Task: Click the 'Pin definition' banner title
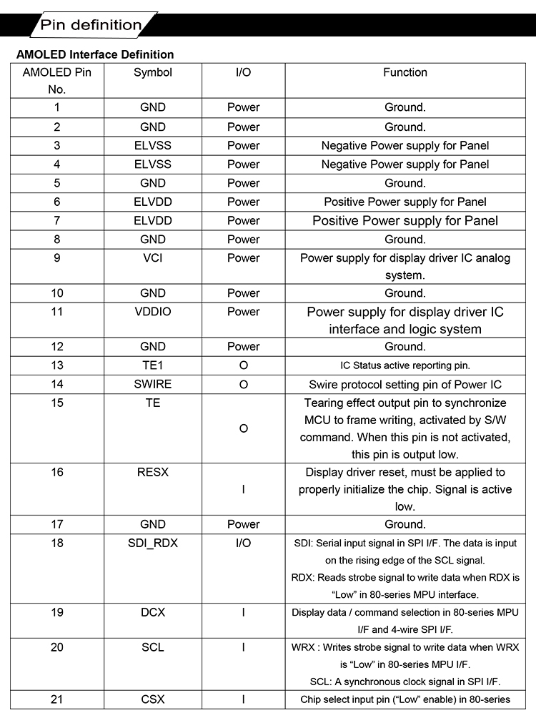91,26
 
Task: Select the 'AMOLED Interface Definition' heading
95,54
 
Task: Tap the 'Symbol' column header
153,72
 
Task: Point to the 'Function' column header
405,72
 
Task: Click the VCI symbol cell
153,257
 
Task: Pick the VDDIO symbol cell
153,312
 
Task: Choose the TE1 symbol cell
153,365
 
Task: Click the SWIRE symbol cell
153,384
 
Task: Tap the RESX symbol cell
153,472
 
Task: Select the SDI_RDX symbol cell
153,543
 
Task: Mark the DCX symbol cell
153,612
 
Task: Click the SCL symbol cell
153,647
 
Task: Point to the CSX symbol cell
153,699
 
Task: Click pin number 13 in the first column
57,365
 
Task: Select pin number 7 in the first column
57,220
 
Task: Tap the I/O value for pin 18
244,543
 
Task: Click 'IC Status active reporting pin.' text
405,365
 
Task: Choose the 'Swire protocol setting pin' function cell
405,384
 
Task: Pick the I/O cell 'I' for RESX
244,490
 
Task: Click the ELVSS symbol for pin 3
153,145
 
